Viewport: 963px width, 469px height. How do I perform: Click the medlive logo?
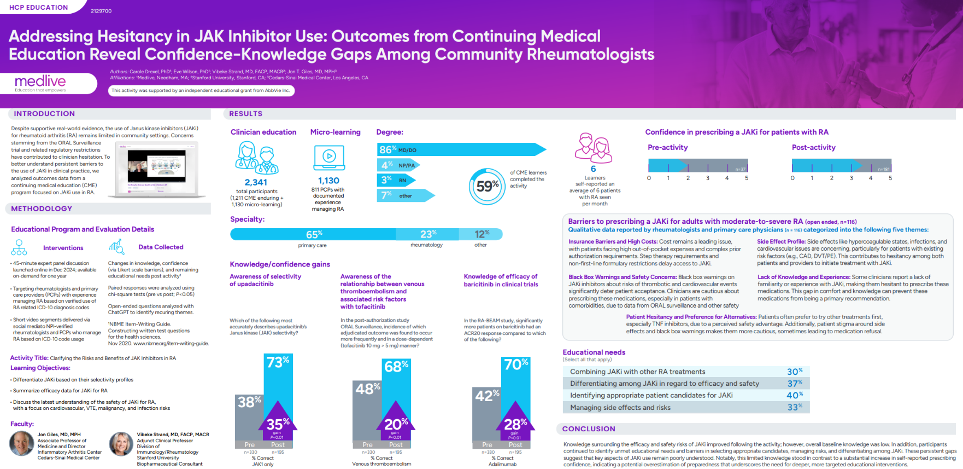40,83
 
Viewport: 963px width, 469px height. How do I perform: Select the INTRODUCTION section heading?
44,114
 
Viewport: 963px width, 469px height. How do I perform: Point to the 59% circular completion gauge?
486,187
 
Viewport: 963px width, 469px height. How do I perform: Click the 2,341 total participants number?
256,182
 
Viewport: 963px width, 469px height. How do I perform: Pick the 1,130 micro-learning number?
328,181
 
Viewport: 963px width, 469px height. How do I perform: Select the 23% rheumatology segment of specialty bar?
427,234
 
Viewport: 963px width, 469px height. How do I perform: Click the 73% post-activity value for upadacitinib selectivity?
278,362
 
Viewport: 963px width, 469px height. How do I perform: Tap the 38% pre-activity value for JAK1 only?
249,402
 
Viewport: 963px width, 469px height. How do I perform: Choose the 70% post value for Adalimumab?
515,364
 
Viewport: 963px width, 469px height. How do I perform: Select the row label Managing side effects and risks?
620,408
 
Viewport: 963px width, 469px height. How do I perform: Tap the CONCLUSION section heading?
589,429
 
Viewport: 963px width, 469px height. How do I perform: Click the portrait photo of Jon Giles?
22,443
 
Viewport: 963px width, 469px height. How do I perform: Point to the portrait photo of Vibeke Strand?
121,444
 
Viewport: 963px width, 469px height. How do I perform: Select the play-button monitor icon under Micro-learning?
329,157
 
